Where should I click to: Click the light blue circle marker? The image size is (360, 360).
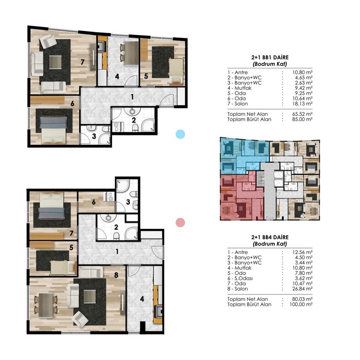[x=180, y=135]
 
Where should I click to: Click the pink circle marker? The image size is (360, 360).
[x=180, y=223]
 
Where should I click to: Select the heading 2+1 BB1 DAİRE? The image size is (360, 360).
[x=270, y=57]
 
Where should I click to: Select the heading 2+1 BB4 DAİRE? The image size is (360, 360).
[x=270, y=237]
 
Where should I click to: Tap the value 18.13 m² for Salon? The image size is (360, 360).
[x=302, y=104]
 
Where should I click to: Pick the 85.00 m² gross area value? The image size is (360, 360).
[x=302, y=120]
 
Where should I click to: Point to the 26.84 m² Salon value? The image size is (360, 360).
[x=302, y=289]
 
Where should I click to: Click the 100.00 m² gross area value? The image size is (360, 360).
[x=301, y=304]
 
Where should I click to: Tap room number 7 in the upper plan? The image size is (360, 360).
[x=82, y=62]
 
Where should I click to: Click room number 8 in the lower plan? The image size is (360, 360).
[x=116, y=275]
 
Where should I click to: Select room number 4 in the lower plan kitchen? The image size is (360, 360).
[x=142, y=299]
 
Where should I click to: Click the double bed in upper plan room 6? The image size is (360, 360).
[x=53, y=130]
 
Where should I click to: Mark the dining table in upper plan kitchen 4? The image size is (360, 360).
[x=132, y=53]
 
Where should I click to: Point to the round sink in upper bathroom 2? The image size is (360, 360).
[x=132, y=112]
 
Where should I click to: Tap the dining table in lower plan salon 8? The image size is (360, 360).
[x=46, y=305]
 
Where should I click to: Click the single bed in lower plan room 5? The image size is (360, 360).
[x=62, y=268]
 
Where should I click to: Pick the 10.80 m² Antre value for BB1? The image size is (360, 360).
[x=302, y=73]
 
